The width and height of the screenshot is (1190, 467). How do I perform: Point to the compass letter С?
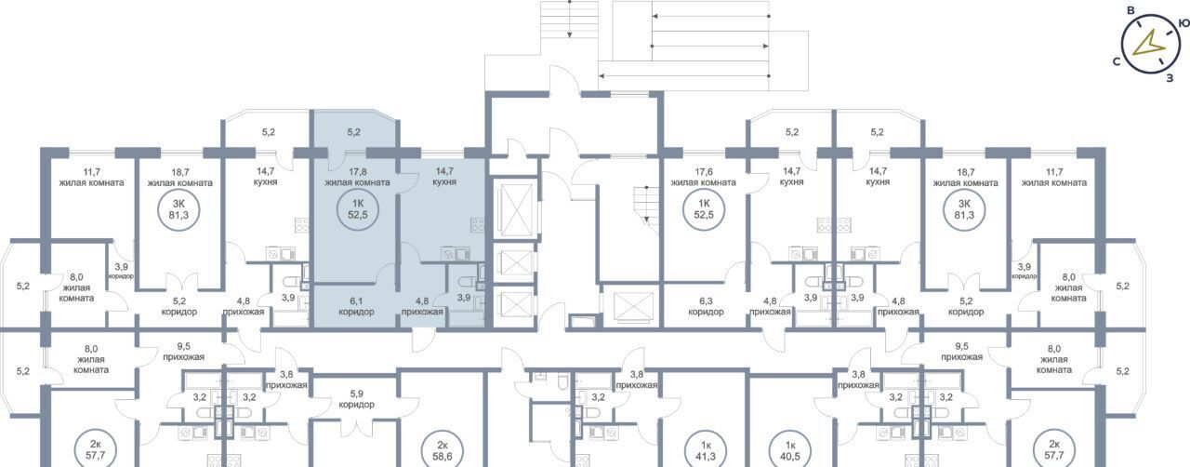[x=1117, y=61]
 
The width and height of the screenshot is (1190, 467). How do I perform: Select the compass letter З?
[x=1170, y=79]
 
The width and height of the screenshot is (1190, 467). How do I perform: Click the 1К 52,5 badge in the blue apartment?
[x=358, y=209]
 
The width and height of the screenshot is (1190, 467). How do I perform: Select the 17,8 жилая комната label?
[x=358, y=177]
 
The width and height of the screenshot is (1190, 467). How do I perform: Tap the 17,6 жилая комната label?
[x=704, y=177]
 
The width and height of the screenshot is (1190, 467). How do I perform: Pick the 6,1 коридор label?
[x=356, y=306]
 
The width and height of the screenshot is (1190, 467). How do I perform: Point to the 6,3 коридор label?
[x=706, y=306]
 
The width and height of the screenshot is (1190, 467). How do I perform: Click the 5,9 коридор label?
[x=356, y=399]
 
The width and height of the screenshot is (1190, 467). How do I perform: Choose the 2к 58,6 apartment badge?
[x=443, y=450]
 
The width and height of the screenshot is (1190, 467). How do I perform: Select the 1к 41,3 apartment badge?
[x=706, y=450]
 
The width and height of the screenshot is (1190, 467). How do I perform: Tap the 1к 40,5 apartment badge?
[x=790, y=450]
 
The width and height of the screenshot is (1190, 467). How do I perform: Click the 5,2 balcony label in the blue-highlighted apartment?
[x=354, y=132]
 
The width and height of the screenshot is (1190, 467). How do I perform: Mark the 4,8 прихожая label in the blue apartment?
[x=422, y=306]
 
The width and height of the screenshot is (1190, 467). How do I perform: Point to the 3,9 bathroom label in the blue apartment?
[x=464, y=298]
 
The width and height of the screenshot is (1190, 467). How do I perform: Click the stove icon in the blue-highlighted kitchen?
[x=477, y=224]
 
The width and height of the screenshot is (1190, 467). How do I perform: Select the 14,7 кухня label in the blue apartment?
[x=444, y=177]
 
